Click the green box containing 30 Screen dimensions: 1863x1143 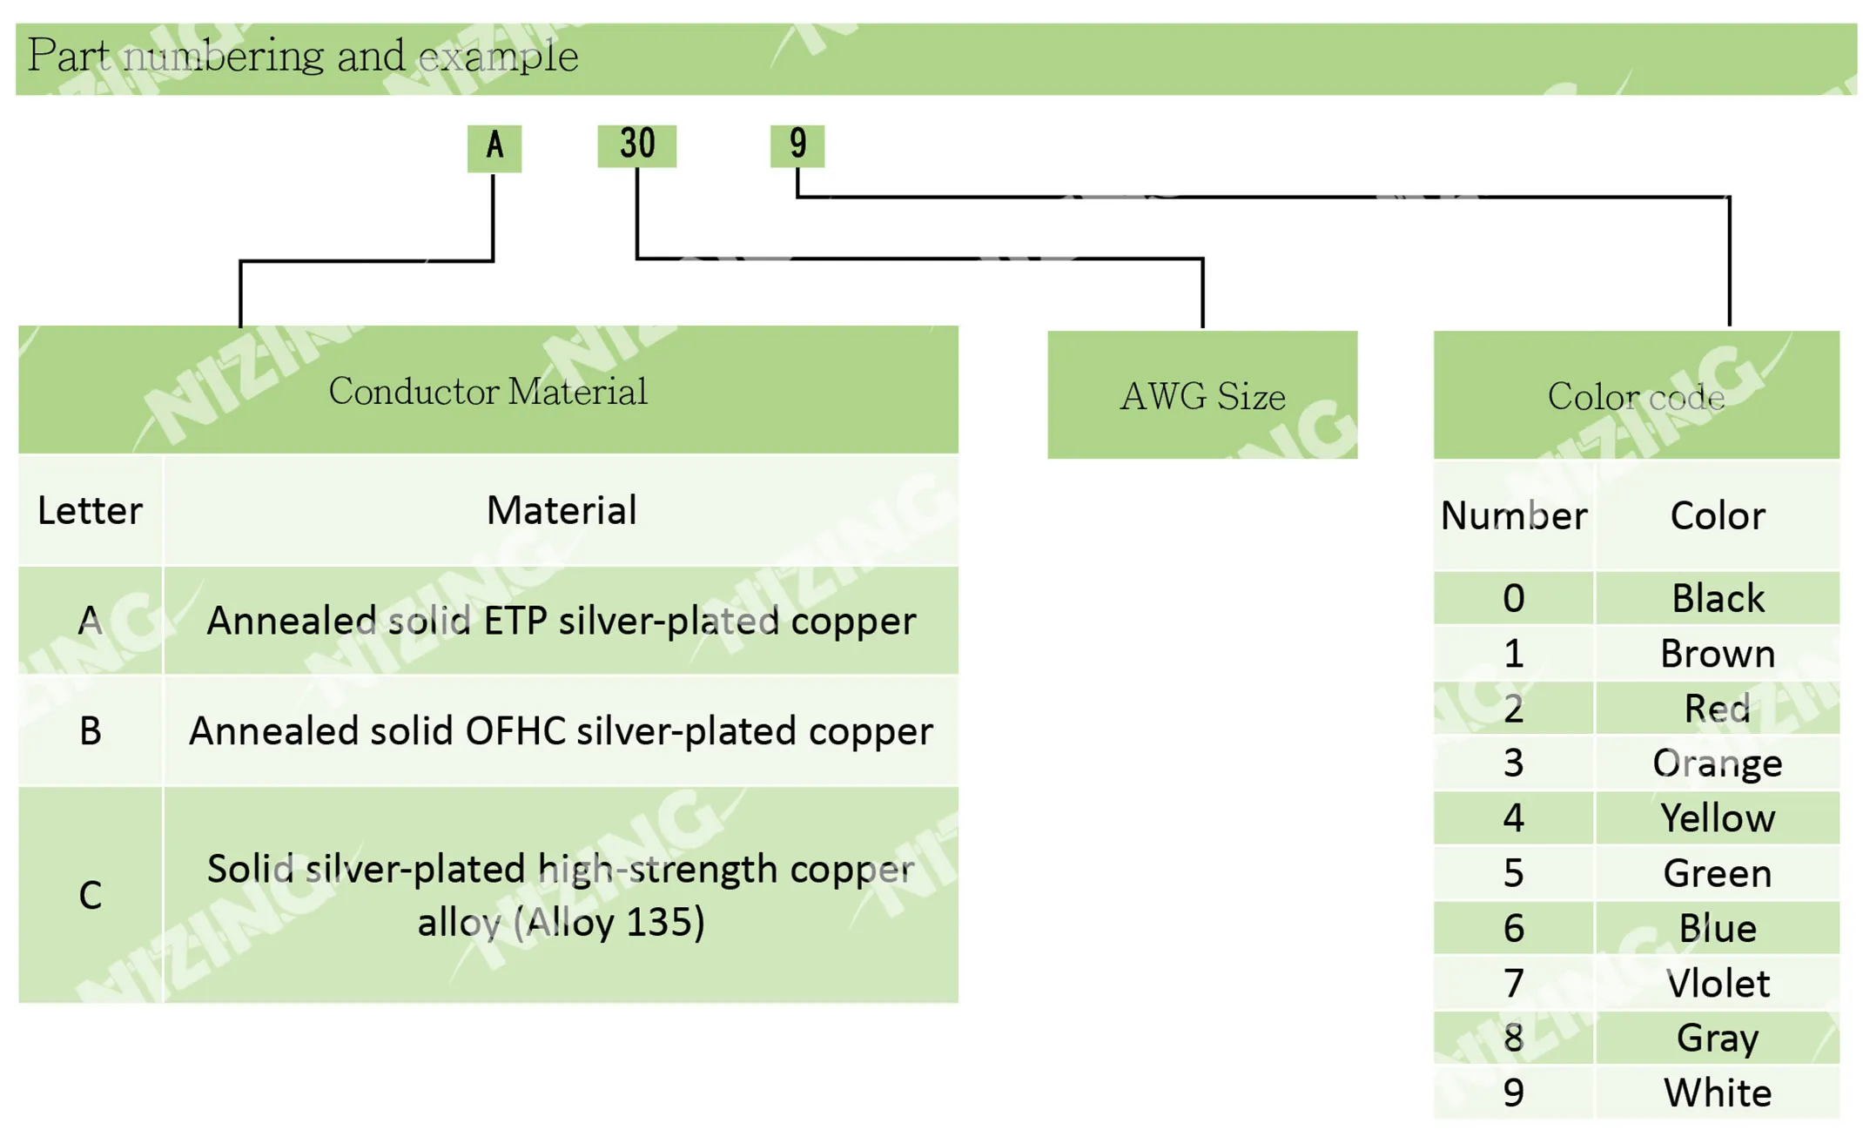tap(636, 145)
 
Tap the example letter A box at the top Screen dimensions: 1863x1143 tap(494, 148)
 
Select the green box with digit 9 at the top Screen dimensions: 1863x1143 tap(797, 145)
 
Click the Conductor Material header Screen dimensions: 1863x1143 tap(488, 390)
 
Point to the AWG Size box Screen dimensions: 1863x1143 tap(1202, 395)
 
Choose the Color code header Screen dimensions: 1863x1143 tap(1637, 395)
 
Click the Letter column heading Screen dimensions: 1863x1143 tap(91, 510)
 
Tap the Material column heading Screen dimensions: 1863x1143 tap(562, 510)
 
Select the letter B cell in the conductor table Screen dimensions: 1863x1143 tap(91, 730)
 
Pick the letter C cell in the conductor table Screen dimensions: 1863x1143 tap(91, 895)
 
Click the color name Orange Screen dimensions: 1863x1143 tap(1718, 763)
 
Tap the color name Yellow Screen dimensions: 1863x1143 tap(1718, 818)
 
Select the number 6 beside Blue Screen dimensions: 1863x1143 tap(1514, 928)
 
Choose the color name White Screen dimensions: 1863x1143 tap(1718, 1093)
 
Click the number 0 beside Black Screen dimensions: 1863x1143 tap(1514, 598)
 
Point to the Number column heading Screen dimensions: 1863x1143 tap(1514, 515)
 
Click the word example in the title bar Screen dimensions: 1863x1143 tap(499, 57)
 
